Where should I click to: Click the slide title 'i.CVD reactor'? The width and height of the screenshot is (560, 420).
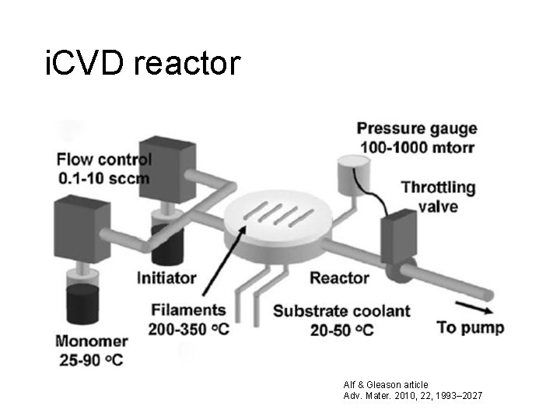(x=143, y=63)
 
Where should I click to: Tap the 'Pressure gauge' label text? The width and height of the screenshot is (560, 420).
(x=417, y=128)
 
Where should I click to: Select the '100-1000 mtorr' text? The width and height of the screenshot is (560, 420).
(x=418, y=147)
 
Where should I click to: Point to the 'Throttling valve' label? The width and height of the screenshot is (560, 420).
(x=439, y=197)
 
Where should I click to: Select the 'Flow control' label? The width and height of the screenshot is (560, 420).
(x=104, y=160)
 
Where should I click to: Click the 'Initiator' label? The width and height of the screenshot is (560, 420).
(x=166, y=278)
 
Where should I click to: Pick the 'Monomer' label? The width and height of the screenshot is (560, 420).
(x=92, y=340)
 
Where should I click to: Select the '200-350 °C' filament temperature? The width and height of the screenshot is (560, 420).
(x=190, y=329)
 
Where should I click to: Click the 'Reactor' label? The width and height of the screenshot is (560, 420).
(x=339, y=278)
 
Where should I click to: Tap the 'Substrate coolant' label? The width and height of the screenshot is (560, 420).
(x=341, y=311)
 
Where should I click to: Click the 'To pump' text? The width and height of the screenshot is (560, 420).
(x=470, y=327)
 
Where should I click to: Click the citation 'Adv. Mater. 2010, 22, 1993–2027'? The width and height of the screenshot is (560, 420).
(x=412, y=396)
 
